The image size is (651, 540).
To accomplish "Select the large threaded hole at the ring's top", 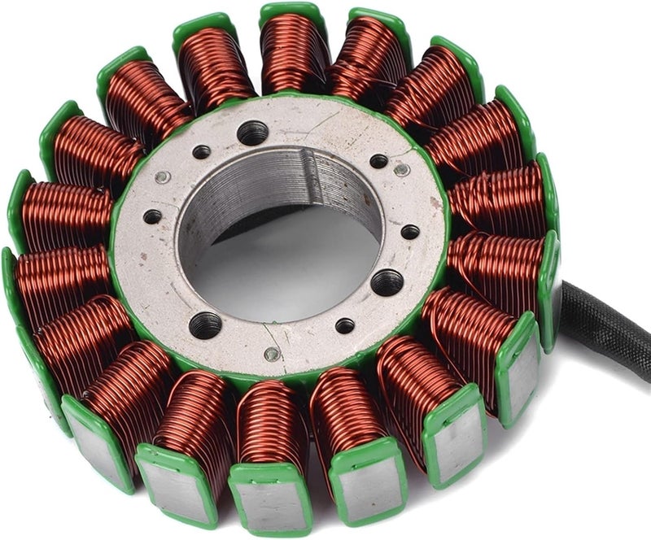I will point(252,133).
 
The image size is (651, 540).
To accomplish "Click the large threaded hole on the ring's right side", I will point(387,282).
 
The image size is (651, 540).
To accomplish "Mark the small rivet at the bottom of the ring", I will point(273,354).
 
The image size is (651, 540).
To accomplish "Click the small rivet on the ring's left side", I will point(163,178).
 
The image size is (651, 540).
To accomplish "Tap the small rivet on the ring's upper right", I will point(401,169).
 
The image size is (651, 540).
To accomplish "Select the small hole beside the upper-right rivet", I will point(378,161).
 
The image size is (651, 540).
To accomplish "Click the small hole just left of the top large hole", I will point(201,152).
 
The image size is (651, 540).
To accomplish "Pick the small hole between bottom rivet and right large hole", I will point(345,325).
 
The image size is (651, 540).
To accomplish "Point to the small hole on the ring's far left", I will point(152,217).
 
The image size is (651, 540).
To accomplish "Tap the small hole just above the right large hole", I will point(410,232).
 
